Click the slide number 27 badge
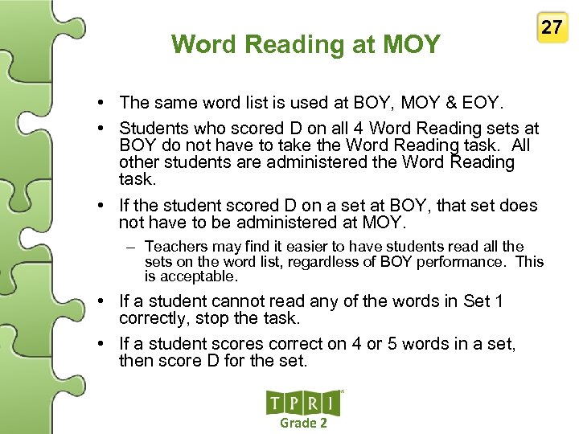pyautogui.click(x=552, y=27)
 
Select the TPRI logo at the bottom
pyautogui.click(x=303, y=403)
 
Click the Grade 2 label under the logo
pyautogui.click(x=303, y=423)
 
